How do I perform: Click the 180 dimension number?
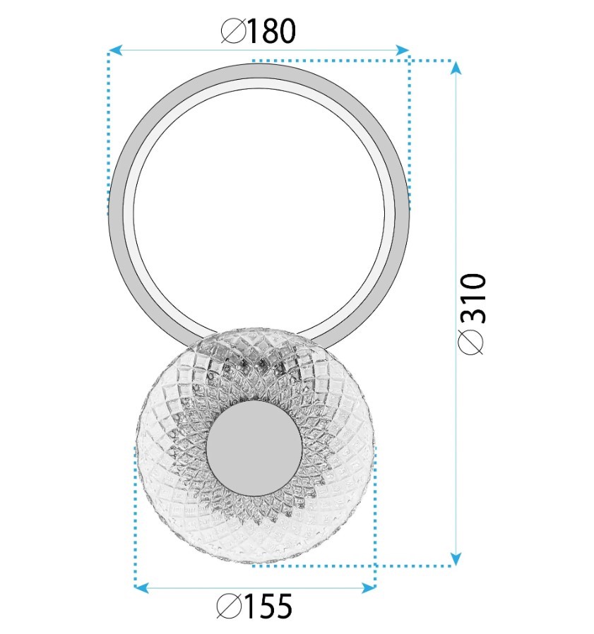coord(271,31)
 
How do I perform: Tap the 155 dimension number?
coord(268,606)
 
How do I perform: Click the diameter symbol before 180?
coord(234,32)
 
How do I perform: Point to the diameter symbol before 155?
coord(230,606)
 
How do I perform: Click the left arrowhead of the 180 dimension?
coord(115,50)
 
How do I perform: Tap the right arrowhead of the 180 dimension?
coord(402,50)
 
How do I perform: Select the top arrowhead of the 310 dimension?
coord(456,68)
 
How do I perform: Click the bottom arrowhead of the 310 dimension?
coord(456,559)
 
